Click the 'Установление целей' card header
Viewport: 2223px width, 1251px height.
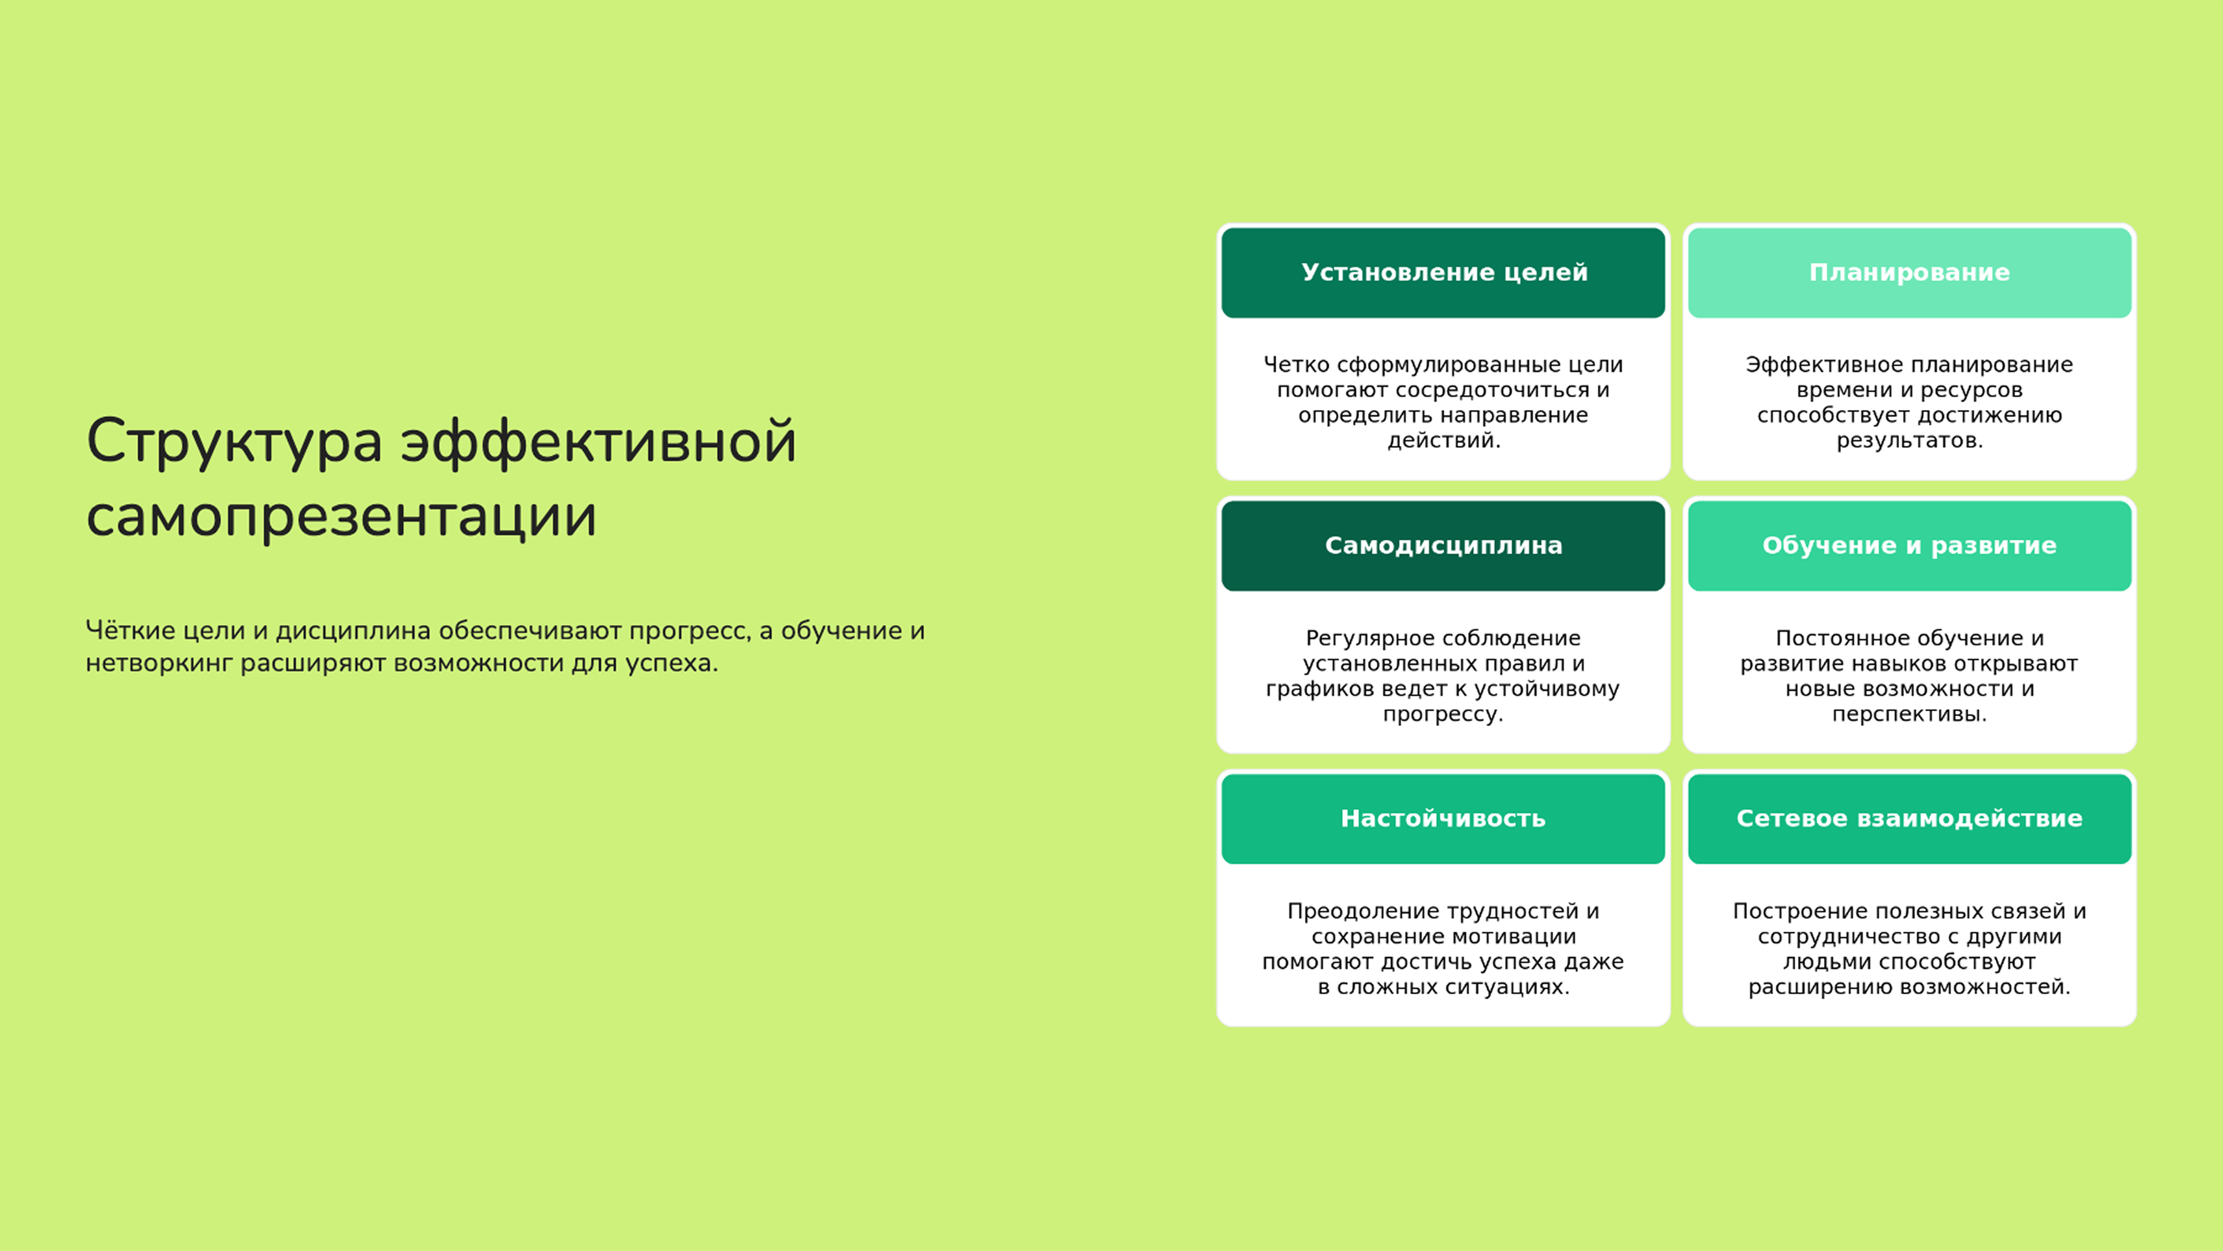click(x=1443, y=273)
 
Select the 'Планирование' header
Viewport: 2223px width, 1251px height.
click(x=1909, y=273)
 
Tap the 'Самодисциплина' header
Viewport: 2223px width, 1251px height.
click(x=1443, y=545)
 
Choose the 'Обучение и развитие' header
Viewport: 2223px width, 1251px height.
click(x=1909, y=545)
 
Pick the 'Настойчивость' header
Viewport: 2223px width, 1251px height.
click(x=1443, y=819)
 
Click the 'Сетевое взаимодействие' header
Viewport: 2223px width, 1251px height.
click(x=1909, y=819)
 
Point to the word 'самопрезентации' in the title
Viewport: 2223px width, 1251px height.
click(x=341, y=516)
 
